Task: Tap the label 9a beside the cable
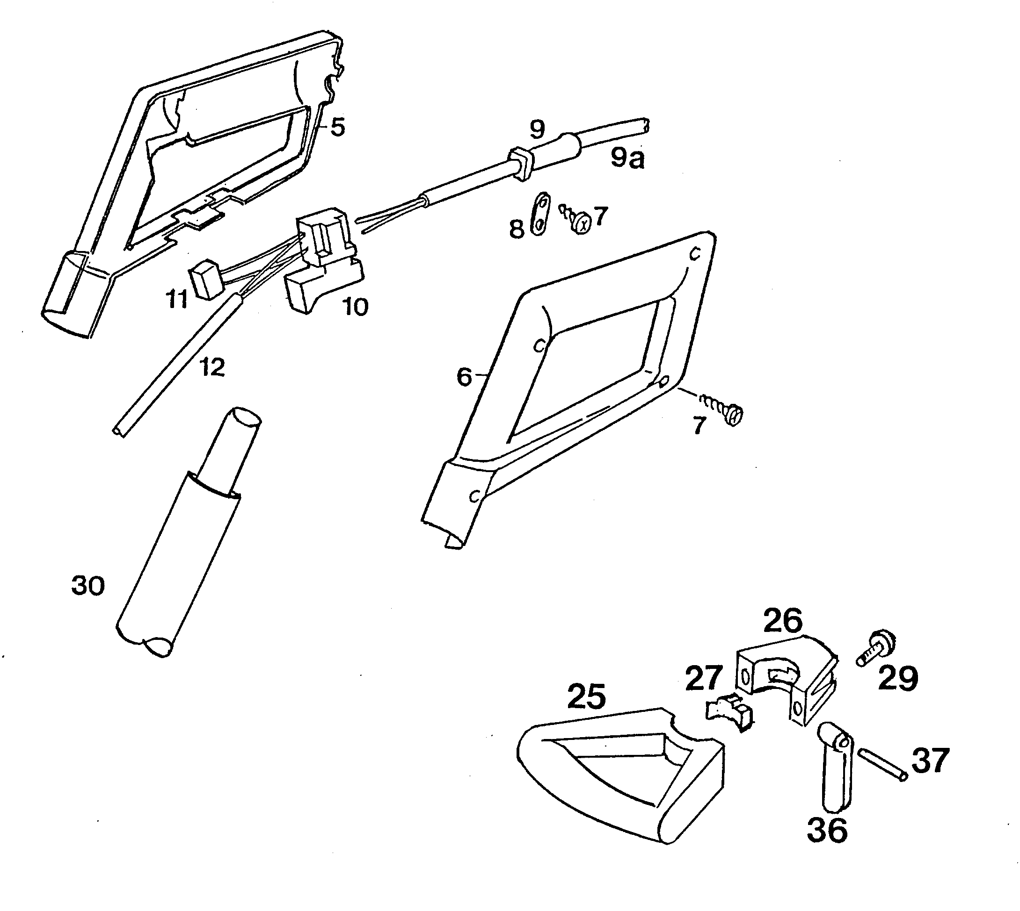point(627,158)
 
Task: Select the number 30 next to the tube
point(88,585)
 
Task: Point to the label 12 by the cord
point(212,368)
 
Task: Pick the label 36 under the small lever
point(827,830)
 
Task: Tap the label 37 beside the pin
point(930,760)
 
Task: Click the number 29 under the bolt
point(898,678)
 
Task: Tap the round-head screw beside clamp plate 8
point(577,220)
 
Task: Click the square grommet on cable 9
point(519,162)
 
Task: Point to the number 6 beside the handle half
point(465,376)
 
